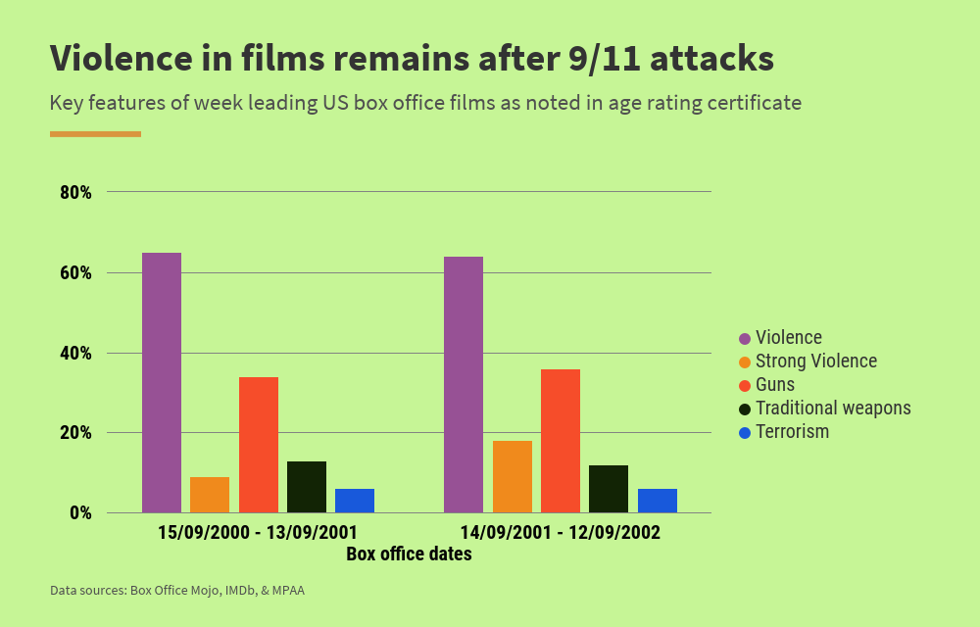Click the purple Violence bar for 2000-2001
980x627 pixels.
click(x=162, y=382)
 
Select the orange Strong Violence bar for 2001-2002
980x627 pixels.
click(x=513, y=476)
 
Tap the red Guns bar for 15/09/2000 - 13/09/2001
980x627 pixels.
click(x=259, y=445)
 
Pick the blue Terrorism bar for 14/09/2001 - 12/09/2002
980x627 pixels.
click(x=658, y=501)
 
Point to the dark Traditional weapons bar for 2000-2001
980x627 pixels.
click(x=307, y=487)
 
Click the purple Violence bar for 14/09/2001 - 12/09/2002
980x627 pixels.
click(x=464, y=384)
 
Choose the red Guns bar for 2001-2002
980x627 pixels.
click(x=561, y=441)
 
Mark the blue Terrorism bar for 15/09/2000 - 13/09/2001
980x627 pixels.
click(x=355, y=501)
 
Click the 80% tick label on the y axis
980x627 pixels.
click(x=75, y=192)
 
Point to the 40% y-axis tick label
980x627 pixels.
click(x=75, y=353)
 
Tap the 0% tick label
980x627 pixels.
click(x=79, y=512)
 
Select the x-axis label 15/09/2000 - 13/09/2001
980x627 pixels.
click(x=258, y=533)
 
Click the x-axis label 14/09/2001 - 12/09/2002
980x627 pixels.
click(x=561, y=533)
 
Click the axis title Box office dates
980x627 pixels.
click(x=409, y=555)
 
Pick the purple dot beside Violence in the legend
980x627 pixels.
click(x=745, y=338)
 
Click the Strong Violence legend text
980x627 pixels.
click(x=816, y=362)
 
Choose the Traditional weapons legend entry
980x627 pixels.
click(x=833, y=409)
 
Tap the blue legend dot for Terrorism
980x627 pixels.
click(x=745, y=432)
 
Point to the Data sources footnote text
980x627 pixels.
click(x=177, y=591)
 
